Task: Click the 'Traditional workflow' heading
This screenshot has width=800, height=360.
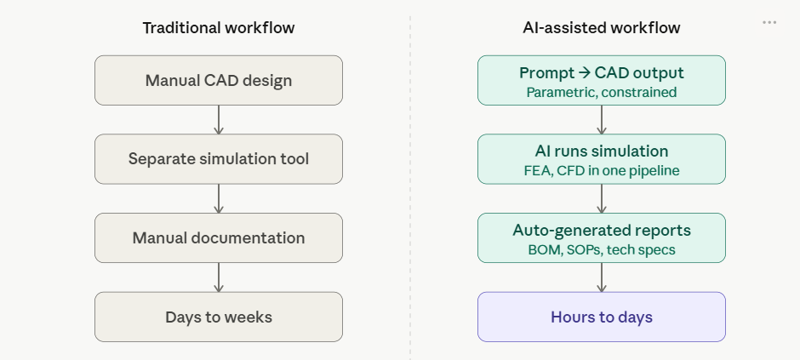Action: (218, 28)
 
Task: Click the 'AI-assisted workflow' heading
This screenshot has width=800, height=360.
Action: (601, 28)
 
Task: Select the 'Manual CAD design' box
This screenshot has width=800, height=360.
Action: (218, 81)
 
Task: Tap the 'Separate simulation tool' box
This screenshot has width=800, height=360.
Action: (218, 159)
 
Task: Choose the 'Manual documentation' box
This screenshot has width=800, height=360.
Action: (218, 238)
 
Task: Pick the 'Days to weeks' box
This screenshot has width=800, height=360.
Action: (218, 317)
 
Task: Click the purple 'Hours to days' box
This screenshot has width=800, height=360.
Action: (601, 317)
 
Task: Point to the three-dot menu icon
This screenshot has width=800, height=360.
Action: (769, 23)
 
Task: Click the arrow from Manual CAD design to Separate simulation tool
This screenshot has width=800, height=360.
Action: (219, 120)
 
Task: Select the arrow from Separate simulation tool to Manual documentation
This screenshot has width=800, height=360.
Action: (219, 199)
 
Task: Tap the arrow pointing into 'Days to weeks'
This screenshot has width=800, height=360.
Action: (219, 278)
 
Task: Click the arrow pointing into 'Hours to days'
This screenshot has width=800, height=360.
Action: (602, 278)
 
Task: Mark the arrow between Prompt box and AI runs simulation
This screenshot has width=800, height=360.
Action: (602, 120)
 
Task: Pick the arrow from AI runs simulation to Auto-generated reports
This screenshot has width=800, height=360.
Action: (602, 199)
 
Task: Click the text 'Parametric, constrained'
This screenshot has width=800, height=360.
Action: (601, 92)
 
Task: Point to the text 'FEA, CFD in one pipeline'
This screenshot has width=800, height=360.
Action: (601, 171)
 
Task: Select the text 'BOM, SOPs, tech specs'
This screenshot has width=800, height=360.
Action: (601, 250)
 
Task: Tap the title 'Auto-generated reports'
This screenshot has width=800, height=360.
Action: (601, 231)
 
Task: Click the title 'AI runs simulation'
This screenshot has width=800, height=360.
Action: (601, 151)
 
